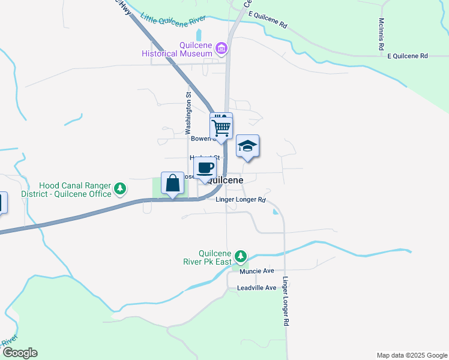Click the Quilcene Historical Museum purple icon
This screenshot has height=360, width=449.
point(221,47)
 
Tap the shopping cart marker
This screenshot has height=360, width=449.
point(221,127)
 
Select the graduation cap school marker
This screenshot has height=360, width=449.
point(247,146)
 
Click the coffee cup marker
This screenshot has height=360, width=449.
point(205,169)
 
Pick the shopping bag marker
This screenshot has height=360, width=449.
point(173,183)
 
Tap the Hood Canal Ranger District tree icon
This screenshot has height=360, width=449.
point(120,189)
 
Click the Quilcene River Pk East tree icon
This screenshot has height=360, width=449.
point(241,256)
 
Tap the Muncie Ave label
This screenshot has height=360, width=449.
point(256,271)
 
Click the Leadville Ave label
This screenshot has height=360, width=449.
point(256,288)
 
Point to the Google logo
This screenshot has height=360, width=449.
point(20,352)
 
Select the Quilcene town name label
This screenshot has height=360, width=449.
point(225,180)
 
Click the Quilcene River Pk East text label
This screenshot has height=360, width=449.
point(207,257)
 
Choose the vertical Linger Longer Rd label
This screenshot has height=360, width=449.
point(286,301)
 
